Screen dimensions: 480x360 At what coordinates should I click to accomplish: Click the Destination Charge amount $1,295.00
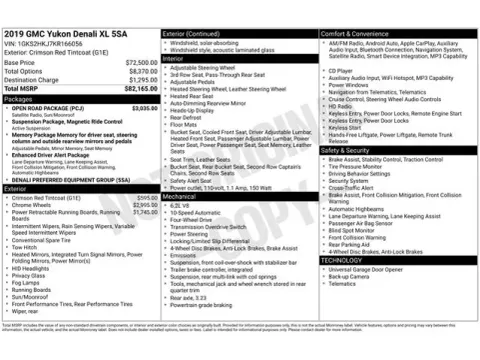click(x=143, y=79)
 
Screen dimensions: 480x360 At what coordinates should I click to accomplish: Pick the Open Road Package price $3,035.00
click(x=143, y=108)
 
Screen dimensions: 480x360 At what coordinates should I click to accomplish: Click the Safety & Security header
click(x=350, y=150)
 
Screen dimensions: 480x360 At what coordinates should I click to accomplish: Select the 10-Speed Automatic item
click(x=194, y=213)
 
